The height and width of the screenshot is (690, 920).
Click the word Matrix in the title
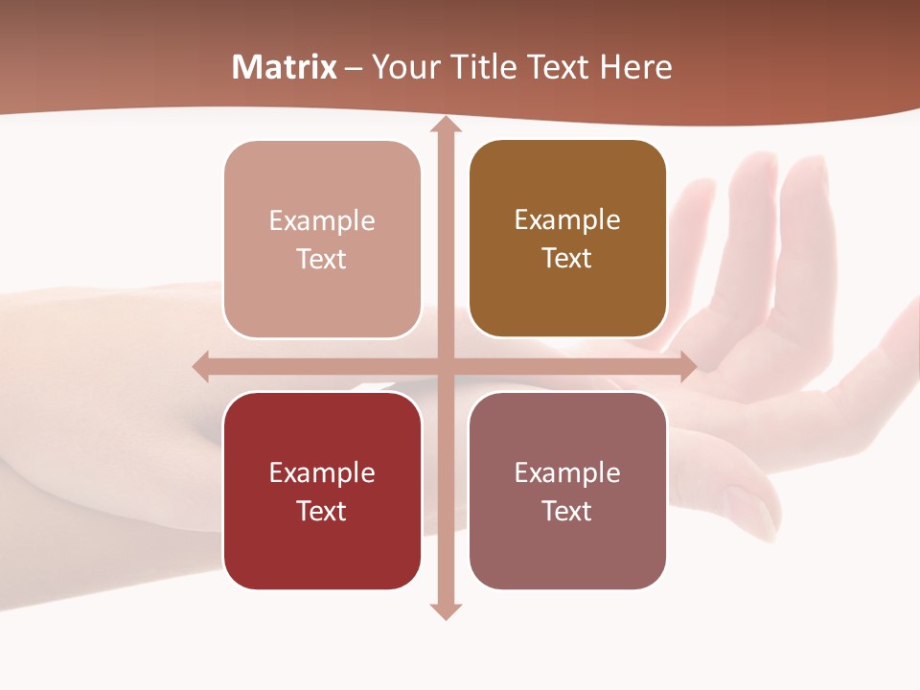(285, 67)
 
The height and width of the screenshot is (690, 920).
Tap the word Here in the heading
(636, 67)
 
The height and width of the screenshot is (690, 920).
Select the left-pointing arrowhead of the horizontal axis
(200, 366)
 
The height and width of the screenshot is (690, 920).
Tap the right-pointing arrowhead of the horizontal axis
(688, 366)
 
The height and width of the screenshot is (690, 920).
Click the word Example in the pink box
(322, 220)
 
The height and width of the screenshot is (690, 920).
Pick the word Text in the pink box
(322, 259)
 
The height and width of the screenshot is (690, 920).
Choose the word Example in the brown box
(567, 219)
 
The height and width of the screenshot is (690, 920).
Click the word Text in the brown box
(567, 258)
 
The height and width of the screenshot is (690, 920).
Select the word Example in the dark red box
(322, 472)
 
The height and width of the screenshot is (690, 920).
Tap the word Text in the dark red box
(322, 511)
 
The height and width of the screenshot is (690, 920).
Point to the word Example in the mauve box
(567, 472)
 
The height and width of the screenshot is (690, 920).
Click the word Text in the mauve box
(567, 511)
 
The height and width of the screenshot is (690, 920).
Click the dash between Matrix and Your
(355, 68)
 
